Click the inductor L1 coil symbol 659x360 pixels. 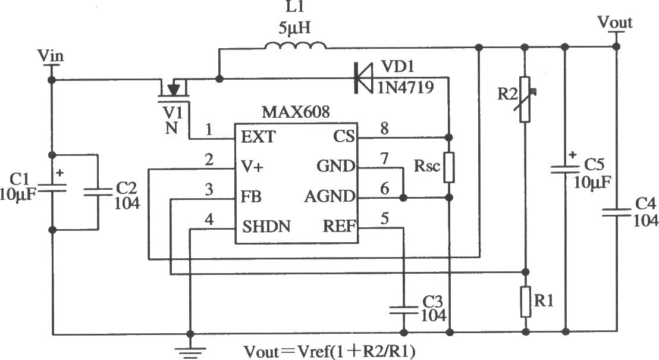[296, 45]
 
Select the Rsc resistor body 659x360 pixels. [449, 167]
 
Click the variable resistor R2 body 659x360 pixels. [525, 99]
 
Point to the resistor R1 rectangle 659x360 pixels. [525, 302]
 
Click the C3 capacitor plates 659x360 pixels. [404, 311]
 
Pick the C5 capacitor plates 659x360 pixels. [566, 169]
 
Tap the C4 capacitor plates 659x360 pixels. [617, 212]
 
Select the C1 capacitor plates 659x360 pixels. [52, 187]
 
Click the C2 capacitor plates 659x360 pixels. [98, 192]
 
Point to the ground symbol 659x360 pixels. [190, 352]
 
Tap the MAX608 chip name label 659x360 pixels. [296, 112]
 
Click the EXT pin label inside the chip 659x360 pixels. [258, 137]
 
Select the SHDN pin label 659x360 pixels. [266, 227]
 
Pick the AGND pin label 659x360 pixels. [329, 196]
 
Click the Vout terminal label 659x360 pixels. [615, 22]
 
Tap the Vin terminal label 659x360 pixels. [51, 55]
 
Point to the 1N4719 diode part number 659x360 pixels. [405, 87]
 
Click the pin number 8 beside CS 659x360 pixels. [384, 129]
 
